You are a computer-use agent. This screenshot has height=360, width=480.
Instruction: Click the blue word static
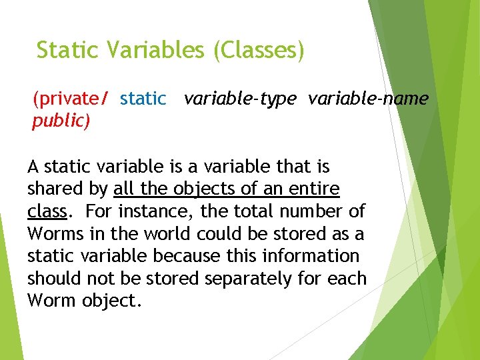[143, 99]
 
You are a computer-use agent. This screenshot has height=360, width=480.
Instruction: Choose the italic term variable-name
[368, 99]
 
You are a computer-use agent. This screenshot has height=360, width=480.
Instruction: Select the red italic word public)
[61, 121]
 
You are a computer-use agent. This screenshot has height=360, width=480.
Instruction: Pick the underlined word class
[47, 211]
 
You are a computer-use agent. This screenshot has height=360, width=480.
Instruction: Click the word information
[311, 256]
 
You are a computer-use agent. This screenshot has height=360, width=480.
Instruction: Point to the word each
[347, 278]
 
